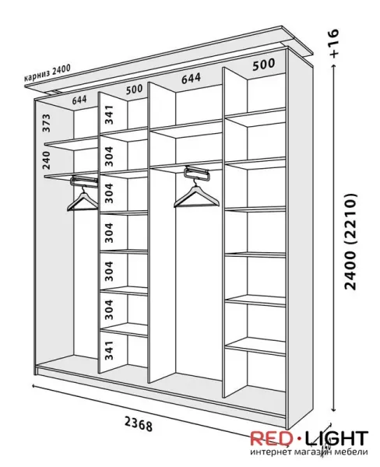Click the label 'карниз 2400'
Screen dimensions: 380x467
tap(47, 73)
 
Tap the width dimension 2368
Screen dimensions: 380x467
tap(139, 424)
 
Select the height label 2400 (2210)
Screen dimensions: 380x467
tap(350, 241)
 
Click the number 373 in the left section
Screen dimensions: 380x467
tap(47, 123)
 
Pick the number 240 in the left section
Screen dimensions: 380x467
tap(47, 160)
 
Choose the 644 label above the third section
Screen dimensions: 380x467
tap(191, 79)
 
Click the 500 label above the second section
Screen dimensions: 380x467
tap(134, 90)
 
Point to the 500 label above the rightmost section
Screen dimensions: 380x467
tap(264, 65)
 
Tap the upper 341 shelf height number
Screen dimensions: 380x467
tap(109, 114)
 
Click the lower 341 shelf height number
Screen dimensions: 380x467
tap(109, 350)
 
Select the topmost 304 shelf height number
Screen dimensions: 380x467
tap(109, 156)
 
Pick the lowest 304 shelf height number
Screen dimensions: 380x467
tap(109, 310)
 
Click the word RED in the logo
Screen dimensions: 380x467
tap(272, 438)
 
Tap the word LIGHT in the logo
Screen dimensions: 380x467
tap(337, 438)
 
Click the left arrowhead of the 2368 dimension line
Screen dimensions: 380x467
tap(33, 386)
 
